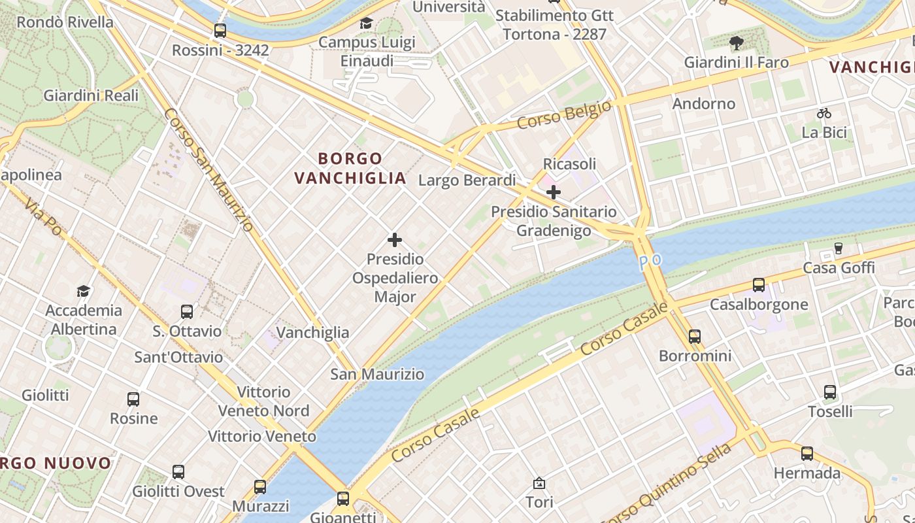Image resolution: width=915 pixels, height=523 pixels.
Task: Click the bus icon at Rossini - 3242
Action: pyautogui.click(x=220, y=30)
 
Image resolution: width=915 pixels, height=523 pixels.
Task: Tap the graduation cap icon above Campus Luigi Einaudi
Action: pyautogui.click(x=367, y=24)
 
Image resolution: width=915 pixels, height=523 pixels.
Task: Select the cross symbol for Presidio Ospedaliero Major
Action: pyautogui.click(x=395, y=240)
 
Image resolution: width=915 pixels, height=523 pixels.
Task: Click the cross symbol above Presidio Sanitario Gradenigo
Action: pyautogui.click(x=554, y=192)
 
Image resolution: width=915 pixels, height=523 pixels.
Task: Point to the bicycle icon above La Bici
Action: pyautogui.click(x=824, y=113)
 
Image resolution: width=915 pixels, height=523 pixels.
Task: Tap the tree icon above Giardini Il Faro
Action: pyautogui.click(x=737, y=43)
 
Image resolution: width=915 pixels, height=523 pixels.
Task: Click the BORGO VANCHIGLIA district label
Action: pyautogui.click(x=350, y=168)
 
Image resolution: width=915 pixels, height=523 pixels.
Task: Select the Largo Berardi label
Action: pyautogui.click(x=467, y=180)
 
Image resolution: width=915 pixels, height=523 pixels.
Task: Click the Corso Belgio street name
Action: pyautogui.click(x=564, y=115)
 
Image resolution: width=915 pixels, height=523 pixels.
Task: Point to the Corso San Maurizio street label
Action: pyautogui.click(x=208, y=169)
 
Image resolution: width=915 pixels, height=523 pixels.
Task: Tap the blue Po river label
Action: pyautogui.click(x=650, y=261)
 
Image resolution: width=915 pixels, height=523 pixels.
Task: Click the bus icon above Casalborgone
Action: pyautogui.click(x=759, y=285)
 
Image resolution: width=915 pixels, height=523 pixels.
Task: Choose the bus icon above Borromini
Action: pyautogui.click(x=695, y=337)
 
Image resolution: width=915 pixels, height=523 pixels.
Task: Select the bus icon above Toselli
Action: pyautogui.click(x=830, y=392)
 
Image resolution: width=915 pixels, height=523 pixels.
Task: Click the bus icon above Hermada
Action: pyautogui.click(x=807, y=454)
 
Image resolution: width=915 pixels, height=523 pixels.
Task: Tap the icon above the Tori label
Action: pyautogui.click(x=539, y=483)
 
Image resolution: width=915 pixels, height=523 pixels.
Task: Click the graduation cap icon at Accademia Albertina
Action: pyautogui.click(x=83, y=291)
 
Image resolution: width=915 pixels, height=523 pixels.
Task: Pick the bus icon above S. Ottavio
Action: pyautogui.click(x=187, y=312)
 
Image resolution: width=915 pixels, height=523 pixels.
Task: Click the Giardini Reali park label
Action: pyautogui.click(x=91, y=95)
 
